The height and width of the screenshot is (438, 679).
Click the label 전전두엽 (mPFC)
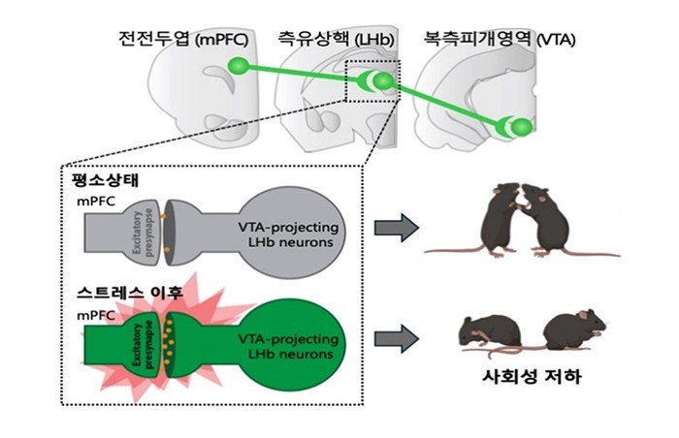coord(183,40)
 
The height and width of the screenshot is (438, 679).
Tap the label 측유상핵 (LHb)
coord(336,40)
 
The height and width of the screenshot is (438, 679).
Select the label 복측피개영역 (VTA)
coord(500,40)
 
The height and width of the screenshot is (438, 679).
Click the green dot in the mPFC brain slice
coord(239,66)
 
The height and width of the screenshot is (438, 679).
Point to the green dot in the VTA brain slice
coord(522,127)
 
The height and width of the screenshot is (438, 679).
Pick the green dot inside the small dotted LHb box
coord(383,81)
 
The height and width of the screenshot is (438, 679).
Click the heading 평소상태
coord(106,180)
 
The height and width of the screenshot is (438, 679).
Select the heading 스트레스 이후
coord(130,293)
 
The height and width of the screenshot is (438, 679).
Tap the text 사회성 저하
coord(532,377)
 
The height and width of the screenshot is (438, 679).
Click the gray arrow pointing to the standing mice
coord(396,228)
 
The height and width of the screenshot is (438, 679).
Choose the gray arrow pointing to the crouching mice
coord(396,338)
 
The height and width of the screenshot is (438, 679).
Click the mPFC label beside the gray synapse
coord(96,202)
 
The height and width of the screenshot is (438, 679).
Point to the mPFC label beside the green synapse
coord(96,316)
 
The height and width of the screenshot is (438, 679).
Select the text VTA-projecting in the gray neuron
coord(288,227)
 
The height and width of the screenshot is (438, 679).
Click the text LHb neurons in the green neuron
coord(291,354)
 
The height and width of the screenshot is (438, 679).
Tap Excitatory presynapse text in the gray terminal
coord(144,234)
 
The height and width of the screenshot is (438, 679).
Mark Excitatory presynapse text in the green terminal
coord(144,346)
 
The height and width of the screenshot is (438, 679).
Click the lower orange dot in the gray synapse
coord(167,250)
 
